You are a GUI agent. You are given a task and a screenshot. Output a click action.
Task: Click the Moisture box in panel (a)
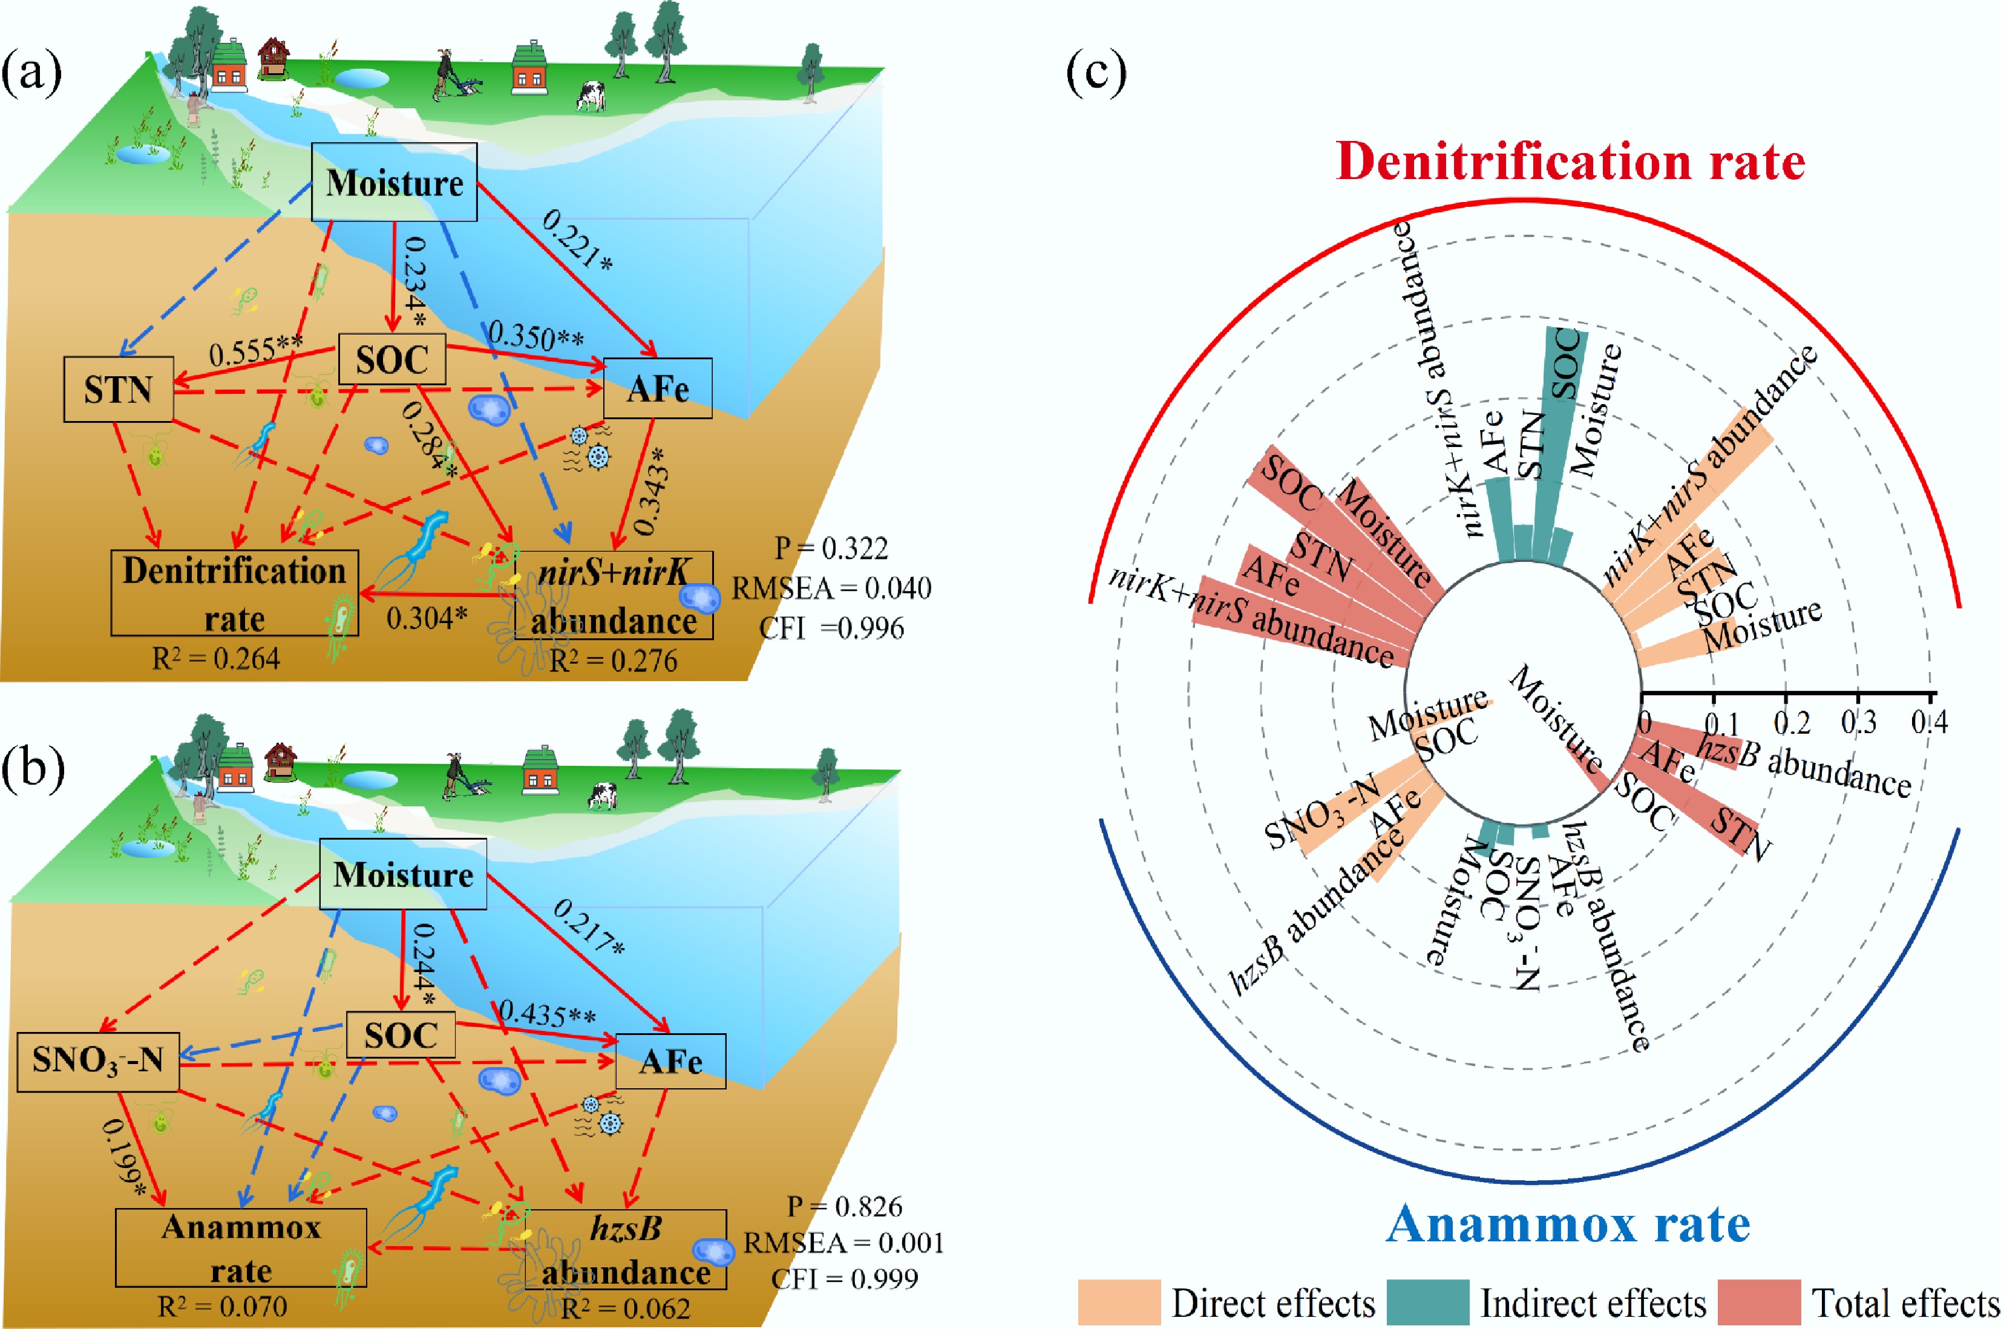coord(395,182)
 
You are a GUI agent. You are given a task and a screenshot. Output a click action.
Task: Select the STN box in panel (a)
coord(119,389)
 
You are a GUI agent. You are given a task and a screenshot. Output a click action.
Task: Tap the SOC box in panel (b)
coord(401,1035)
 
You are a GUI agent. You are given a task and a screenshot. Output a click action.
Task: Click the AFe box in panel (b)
coord(670,1061)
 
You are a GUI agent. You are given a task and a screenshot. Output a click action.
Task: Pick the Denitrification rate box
coord(235,593)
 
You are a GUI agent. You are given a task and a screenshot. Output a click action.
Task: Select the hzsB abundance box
coord(626,1249)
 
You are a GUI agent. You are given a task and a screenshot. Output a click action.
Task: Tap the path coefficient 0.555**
coord(255,351)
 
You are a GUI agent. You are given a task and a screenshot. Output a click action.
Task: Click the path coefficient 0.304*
coord(427,618)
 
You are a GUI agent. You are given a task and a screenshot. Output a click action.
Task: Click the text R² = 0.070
coord(222,1306)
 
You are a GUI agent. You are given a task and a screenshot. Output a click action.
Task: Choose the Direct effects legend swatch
coord(1118,1302)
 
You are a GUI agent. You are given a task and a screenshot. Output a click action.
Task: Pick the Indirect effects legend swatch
coord(1428,1302)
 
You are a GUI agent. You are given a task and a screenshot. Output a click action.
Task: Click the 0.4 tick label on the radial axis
coord(1929,722)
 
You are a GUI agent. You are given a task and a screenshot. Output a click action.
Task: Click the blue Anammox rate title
coord(1568,1224)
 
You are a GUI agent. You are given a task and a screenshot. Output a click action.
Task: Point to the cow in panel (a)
coord(591,96)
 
